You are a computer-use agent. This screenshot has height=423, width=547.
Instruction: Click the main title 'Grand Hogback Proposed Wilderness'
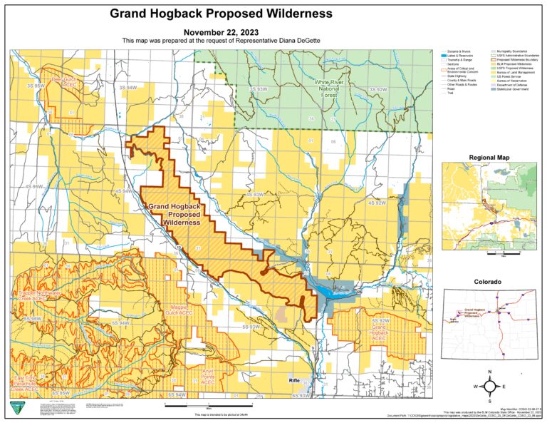(221, 14)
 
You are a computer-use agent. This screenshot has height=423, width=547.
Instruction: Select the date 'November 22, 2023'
(221, 33)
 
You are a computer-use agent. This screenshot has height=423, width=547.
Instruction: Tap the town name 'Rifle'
(296, 380)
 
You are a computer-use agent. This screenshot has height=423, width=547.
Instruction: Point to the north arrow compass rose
(491, 386)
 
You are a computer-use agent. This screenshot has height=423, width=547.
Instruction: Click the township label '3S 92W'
(377, 89)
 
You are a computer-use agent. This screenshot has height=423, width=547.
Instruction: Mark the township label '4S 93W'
(255, 194)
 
